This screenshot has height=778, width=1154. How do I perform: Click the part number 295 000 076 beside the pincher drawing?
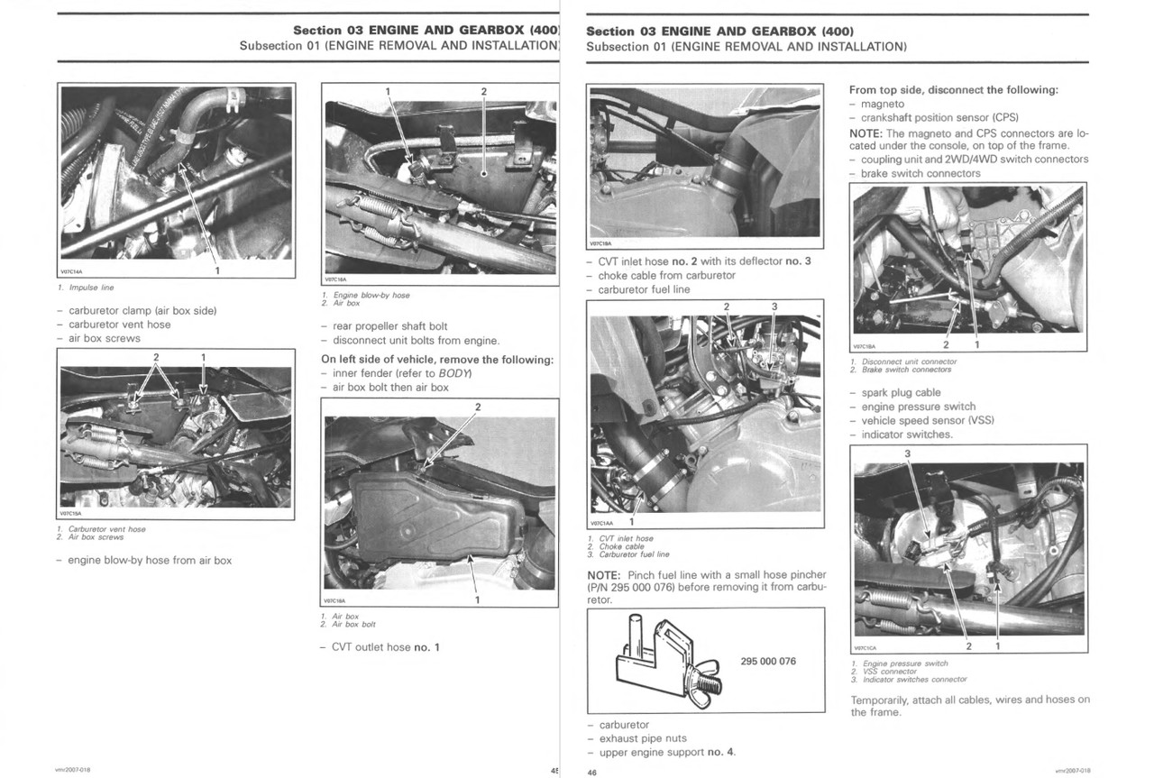(x=768, y=662)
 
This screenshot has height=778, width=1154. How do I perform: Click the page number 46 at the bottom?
(x=592, y=773)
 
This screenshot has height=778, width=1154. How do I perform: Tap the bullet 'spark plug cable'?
(x=900, y=393)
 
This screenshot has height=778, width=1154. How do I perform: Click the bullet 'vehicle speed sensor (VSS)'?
(x=927, y=421)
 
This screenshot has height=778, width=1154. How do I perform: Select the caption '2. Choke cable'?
(x=621, y=546)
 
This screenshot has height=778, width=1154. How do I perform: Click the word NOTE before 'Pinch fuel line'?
(x=603, y=575)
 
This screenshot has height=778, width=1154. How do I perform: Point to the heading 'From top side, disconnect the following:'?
(x=954, y=90)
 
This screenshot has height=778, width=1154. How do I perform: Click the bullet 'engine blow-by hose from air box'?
(x=150, y=561)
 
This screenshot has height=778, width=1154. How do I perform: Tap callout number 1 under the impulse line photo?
(x=216, y=270)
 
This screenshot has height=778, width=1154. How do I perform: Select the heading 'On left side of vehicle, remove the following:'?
(x=437, y=360)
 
